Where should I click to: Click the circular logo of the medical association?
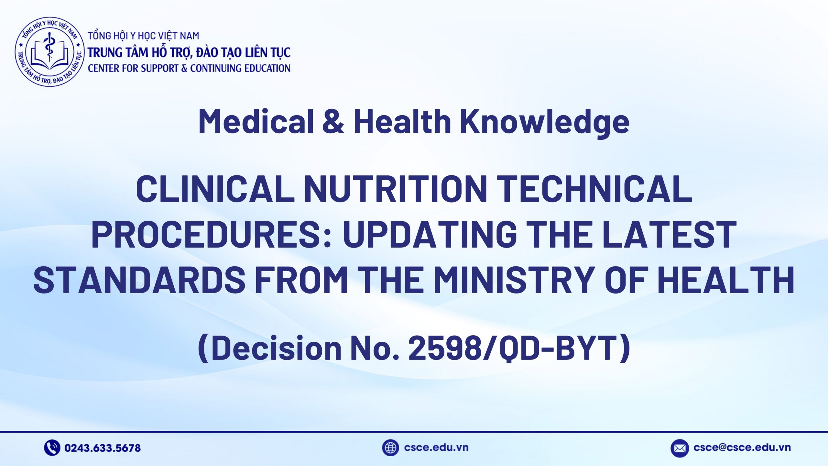tap(49, 52)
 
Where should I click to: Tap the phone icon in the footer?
tap(52, 448)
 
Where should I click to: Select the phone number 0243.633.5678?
tap(103, 448)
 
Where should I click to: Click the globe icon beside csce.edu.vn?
tap(390, 448)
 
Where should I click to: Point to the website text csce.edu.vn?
tap(436, 448)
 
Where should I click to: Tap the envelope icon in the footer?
tap(680, 448)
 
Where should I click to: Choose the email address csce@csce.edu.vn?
tap(742, 448)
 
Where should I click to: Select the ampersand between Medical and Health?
tap(333, 121)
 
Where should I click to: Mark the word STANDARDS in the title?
tap(140, 279)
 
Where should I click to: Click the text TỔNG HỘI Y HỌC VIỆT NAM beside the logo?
tap(144, 36)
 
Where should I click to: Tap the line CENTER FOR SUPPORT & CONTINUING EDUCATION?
tap(189, 68)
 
